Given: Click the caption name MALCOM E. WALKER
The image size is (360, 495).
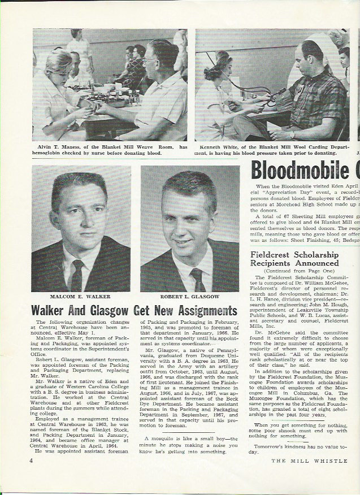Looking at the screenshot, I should coord(81,296).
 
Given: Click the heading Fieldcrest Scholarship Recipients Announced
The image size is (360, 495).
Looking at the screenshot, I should coord(295,259).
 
